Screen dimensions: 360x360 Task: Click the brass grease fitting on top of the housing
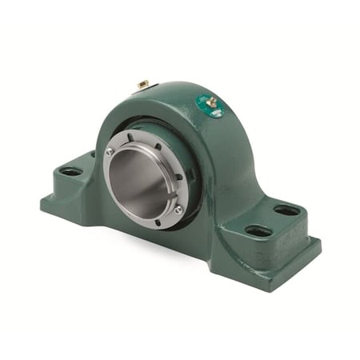point(212,102)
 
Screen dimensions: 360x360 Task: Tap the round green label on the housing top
point(210,108)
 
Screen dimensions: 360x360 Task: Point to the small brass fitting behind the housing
point(143,83)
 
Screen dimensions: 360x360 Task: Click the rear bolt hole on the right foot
point(286,211)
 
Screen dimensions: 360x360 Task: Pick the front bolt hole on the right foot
point(258,231)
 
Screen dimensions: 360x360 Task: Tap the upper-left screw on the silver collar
point(110,151)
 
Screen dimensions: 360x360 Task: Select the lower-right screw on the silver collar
point(178,210)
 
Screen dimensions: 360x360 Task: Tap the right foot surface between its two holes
point(272,222)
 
